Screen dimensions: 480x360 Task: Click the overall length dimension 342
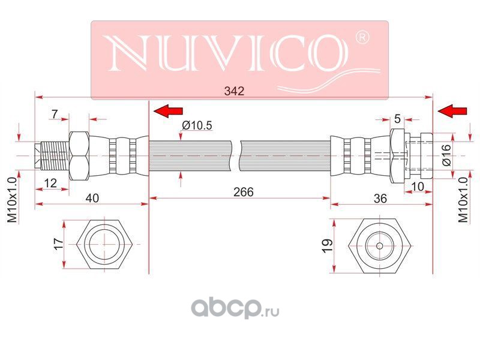[x=234, y=91]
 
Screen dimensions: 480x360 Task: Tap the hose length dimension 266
[x=244, y=192]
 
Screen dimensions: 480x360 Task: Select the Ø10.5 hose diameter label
[x=197, y=125]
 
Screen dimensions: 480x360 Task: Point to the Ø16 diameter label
[x=446, y=155]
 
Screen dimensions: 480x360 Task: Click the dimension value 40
[x=92, y=198]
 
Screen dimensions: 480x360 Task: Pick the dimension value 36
[x=380, y=199]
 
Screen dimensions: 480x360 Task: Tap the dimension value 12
[x=50, y=183]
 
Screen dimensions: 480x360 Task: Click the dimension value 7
[x=55, y=114]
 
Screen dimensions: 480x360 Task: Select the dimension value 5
[x=397, y=118]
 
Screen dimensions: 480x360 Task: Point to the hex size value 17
[x=58, y=244]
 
